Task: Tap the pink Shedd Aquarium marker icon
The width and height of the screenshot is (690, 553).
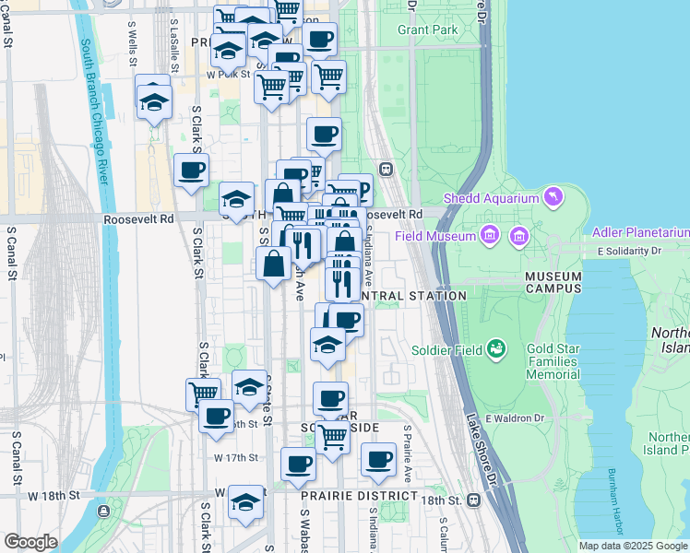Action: (x=553, y=196)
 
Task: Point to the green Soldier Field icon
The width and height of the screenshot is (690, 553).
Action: (x=496, y=347)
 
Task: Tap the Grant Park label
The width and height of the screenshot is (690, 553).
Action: (x=428, y=29)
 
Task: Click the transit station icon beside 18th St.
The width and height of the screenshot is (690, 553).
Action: (x=474, y=500)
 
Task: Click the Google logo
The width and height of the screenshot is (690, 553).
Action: (x=30, y=542)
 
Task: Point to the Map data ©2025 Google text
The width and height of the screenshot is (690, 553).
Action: (x=633, y=546)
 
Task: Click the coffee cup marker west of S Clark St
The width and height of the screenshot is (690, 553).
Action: (x=191, y=170)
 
